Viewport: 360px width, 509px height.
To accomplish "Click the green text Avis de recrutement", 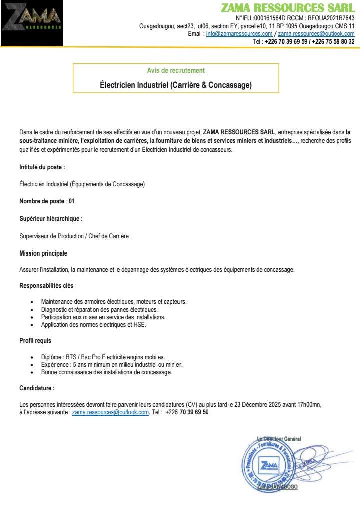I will [x=176, y=71].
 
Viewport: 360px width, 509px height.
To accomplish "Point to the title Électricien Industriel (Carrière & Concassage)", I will [x=176, y=85].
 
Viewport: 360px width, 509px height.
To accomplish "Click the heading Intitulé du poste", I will [x=42, y=167].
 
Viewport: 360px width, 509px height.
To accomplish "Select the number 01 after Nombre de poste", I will [x=72, y=201].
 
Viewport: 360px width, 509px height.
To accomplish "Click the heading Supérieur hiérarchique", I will [x=51, y=218].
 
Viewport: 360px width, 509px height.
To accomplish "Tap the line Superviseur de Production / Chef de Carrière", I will [x=74, y=236].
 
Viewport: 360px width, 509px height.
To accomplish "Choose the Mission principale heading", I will [x=43, y=253].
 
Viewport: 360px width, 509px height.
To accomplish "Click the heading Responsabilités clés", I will [x=46, y=286].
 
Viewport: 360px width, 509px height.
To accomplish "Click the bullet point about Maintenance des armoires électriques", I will [x=114, y=302].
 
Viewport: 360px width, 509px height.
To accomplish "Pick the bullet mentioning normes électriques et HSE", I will [x=94, y=325].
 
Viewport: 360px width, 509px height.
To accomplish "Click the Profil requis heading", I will [x=35, y=341].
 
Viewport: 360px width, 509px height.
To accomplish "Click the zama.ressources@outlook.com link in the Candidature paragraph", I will [x=110, y=412].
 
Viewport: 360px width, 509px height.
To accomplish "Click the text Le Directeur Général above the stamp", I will [x=279, y=439].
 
